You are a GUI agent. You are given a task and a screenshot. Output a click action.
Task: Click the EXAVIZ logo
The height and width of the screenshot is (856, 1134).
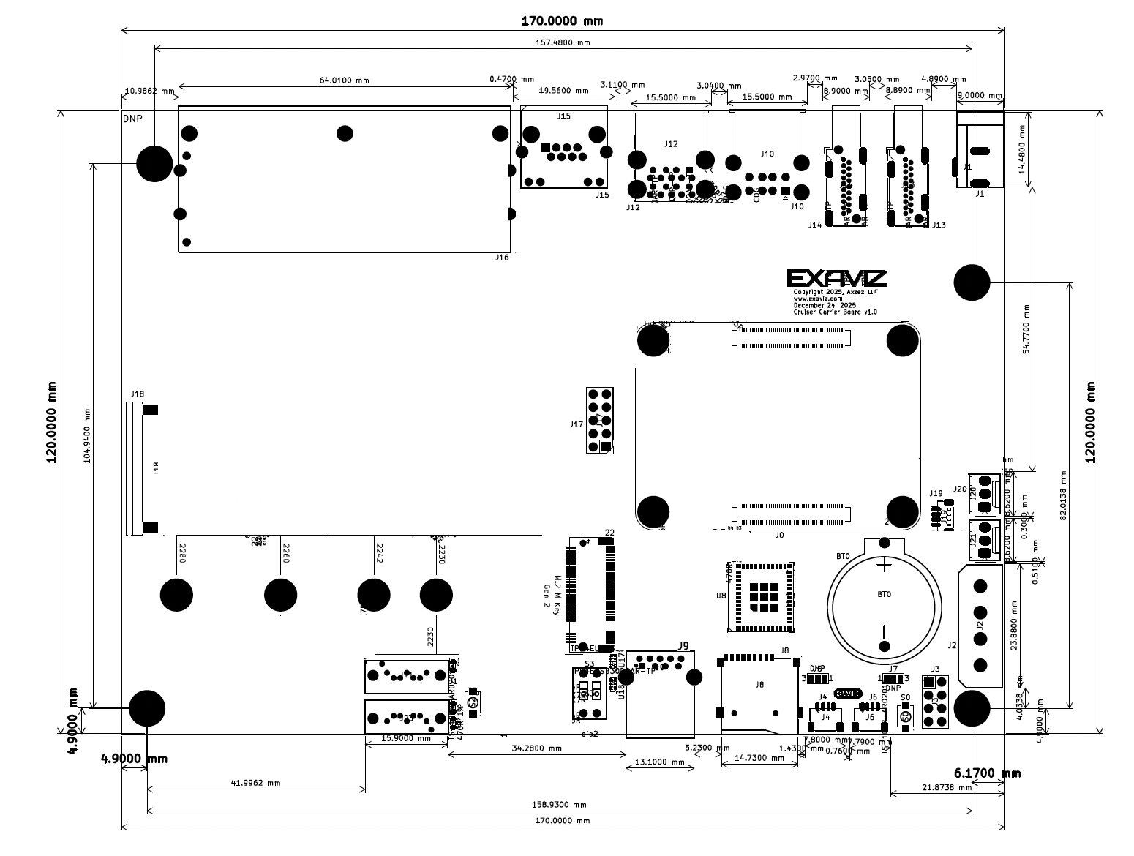836,278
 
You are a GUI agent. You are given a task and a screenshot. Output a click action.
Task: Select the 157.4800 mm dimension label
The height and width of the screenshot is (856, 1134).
563,42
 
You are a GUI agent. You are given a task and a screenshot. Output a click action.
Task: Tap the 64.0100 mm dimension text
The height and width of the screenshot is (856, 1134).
343,80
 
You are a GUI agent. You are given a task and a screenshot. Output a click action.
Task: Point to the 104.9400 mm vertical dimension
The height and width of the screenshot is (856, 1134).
87,435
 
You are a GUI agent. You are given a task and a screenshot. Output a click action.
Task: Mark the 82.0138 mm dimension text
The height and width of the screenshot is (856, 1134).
1063,495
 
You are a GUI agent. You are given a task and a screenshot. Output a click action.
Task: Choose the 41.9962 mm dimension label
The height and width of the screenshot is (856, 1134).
256,783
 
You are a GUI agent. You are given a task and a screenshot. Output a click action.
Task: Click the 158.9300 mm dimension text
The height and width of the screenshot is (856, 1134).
559,805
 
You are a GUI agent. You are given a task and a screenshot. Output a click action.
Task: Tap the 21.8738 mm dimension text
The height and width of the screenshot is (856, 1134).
945,787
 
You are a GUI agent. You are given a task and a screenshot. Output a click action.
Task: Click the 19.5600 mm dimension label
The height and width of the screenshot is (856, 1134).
563,91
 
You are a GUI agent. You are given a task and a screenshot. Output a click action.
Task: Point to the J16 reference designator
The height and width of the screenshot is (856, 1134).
502,258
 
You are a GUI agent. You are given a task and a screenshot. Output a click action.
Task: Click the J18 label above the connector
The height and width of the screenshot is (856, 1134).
137,394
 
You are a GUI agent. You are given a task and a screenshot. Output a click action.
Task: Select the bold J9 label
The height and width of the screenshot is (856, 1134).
683,645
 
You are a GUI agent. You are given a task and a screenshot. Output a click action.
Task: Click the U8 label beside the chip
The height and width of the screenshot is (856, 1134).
721,596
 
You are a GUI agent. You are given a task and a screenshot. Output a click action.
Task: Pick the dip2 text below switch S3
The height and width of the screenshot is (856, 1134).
590,734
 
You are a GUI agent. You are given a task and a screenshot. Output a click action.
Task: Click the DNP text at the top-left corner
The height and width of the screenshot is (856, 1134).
133,119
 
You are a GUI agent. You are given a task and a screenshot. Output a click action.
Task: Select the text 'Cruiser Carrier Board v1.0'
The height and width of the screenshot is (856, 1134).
835,312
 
